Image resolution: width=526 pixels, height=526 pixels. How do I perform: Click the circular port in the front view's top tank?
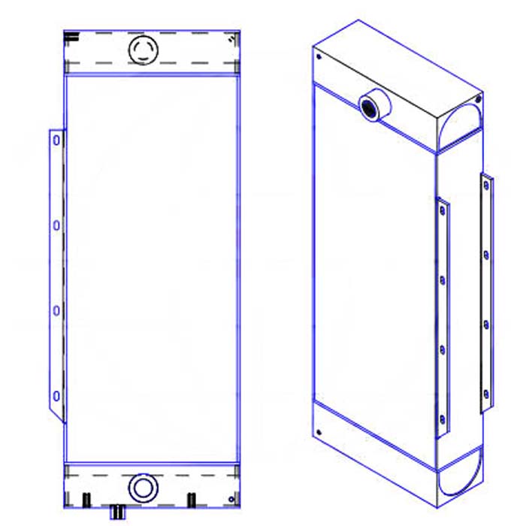(143, 50)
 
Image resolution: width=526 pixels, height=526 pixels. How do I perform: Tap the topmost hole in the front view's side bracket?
(56, 140)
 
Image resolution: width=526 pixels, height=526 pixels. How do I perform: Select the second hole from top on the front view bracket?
(56, 224)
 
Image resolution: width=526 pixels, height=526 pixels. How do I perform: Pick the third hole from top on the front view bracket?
(56, 309)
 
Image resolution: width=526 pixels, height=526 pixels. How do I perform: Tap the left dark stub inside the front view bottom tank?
(86, 500)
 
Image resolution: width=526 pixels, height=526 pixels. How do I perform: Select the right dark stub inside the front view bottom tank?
(191, 500)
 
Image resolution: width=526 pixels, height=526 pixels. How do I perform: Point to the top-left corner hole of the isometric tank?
(319, 56)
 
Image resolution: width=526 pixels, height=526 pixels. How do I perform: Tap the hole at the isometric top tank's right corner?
(476, 97)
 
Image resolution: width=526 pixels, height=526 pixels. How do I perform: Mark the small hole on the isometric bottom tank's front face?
(319, 432)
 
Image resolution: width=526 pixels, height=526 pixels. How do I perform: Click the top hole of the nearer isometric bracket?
(442, 211)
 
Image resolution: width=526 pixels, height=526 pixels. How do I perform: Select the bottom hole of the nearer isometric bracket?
(442, 419)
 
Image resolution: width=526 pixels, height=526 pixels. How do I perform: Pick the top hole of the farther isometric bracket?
(486, 185)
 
